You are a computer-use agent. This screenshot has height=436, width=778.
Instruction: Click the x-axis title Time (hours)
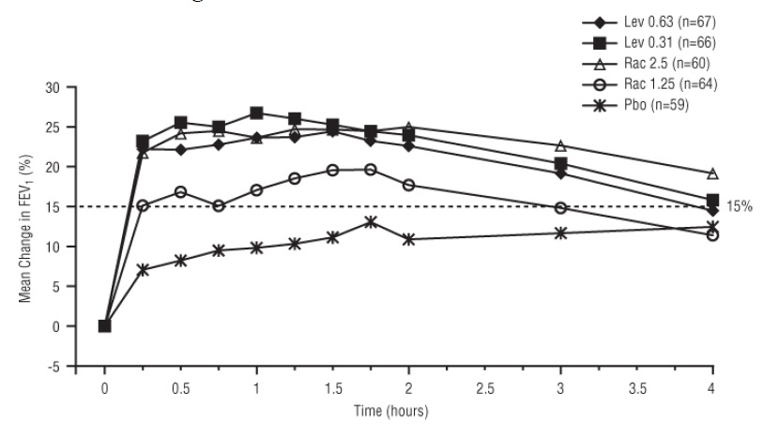pyautogui.click(x=408, y=411)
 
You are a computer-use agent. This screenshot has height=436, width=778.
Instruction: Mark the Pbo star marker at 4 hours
pyautogui.click(x=712, y=226)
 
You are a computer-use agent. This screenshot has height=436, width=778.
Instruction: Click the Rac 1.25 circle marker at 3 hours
pyautogui.click(x=560, y=207)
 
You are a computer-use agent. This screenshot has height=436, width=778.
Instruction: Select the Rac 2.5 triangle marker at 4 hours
pyautogui.click(x=712, y=173)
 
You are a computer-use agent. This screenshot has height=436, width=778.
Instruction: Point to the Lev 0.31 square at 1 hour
pyautogui.click(x=256, y=113)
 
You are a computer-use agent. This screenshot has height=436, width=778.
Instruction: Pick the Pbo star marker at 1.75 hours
pyautogui.click(x=371, y=222)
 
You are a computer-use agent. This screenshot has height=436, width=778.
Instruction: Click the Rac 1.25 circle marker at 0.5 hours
pyautogui.click(x=180, y=191)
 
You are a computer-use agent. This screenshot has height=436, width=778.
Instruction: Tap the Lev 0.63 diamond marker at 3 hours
pyautogui.click(x=560, y=173)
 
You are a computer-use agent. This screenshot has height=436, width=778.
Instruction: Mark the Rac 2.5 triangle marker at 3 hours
pyautogui.click(x=560, y=145)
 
